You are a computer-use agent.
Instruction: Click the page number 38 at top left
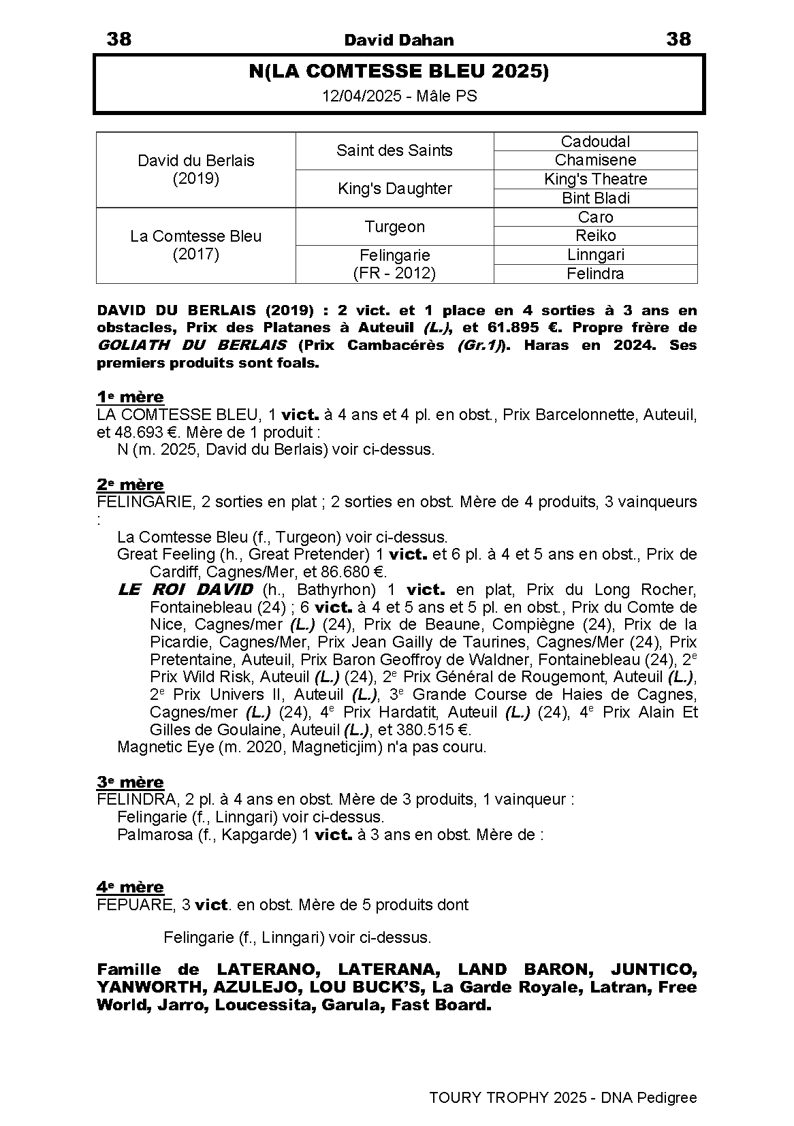pyautogui.click(x=119, y=39)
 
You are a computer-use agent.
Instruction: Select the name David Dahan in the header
pyautogui.click(x=398, y=40)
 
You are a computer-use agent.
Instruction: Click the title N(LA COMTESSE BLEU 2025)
pyautogui.click(x=398, y=71)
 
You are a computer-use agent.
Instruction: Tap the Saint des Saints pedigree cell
pyautogui.click(x=394, y=150)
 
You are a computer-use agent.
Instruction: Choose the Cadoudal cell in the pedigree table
pyautogui.click(x=595, y=142)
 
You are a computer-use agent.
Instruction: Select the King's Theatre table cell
pyautogui.click(x=595, y=179)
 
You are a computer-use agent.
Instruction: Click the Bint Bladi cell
pyautogui.click(x=595, y=198)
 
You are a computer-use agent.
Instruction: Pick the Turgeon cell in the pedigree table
pyautogui.click(x=394, y=227)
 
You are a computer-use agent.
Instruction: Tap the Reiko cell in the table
pyautogui.click(x=595, y=236)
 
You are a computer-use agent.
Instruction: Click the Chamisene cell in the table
pyautogui.click(x=595, y=160)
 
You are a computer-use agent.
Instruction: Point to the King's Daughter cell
pyautogui.click(x=394, y=189)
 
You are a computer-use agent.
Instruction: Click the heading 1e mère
pyautogui.click(x=130, y=397)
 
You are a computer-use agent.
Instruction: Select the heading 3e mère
pyautogui.click(x=130, y=782)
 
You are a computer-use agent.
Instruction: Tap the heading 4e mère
pyautogui.click(x=130, y=886)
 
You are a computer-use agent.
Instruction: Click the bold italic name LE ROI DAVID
pyautogui.click(x=185, y=590)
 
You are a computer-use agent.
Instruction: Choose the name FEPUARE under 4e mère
pyautogui.click(x=135, y=905)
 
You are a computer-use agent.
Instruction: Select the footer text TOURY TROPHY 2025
pyautogui.click(x=508, y=1097)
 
